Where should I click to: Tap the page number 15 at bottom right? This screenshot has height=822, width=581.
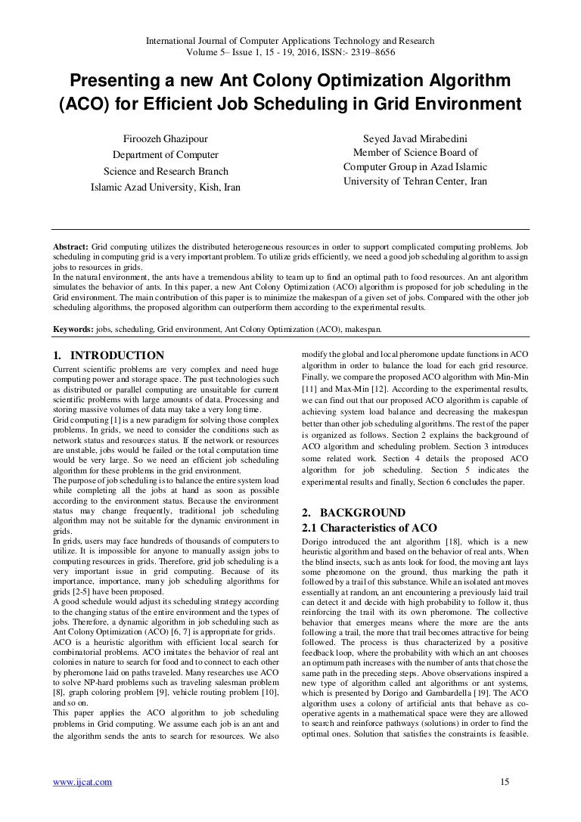pos(505,782)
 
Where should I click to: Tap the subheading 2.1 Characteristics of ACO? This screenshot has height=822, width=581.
pos(369,526)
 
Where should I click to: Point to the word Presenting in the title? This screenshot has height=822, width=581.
pos(113,79)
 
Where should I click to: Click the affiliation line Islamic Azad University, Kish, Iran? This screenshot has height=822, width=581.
pos(165,187)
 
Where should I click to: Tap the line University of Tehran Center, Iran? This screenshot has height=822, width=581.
pos(415,181)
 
